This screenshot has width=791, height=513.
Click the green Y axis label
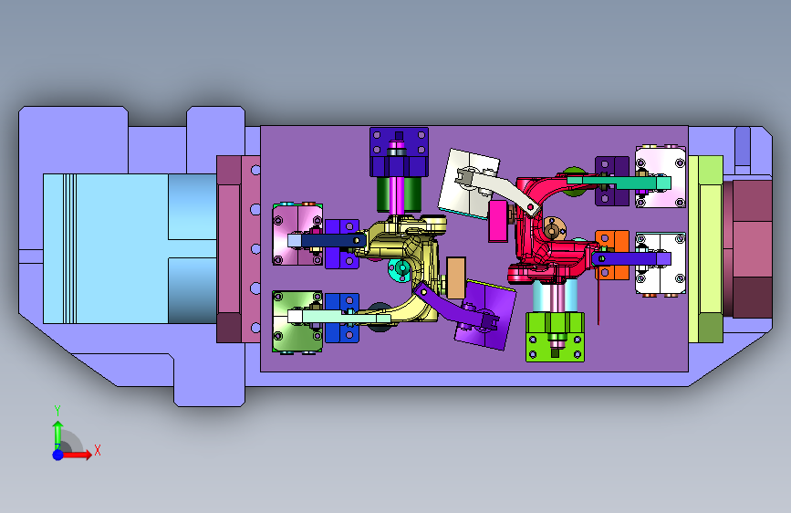57,410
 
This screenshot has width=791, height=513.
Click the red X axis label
98,450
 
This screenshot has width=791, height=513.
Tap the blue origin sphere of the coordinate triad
58,455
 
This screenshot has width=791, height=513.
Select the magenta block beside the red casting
498,221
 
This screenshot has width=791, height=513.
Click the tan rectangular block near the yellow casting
456,277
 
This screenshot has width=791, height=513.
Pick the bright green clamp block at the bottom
555,337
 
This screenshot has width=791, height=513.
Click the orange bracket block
612,255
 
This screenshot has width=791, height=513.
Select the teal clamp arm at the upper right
619,182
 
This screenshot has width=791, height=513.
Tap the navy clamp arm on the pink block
327,240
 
